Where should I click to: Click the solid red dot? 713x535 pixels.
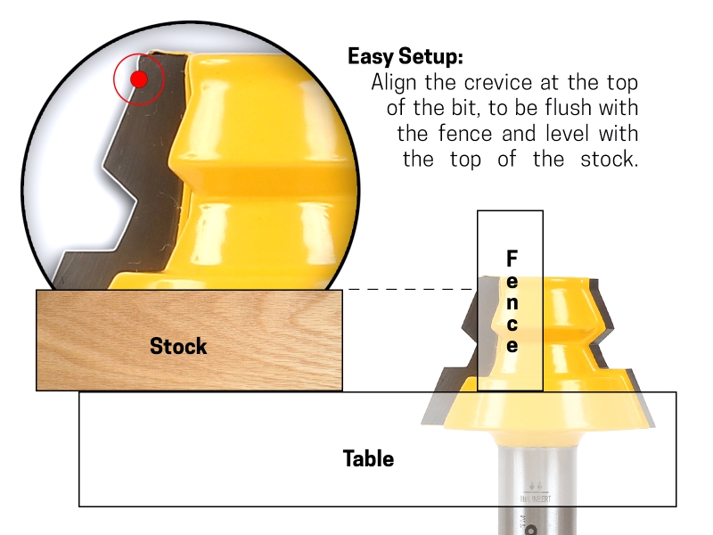pyautogui.click(x=138, y=79)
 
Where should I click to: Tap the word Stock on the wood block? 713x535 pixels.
pyautogui.click(x=178, y=346)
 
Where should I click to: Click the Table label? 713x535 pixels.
pyautogui.click(x=368, y=459)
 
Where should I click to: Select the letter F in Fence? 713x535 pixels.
pyautogui.click(x=512, y=259)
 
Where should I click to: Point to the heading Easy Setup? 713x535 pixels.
pyautogui.click(x=406, y=57)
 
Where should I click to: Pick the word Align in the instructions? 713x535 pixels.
pyautogui.click(x=396, y=83)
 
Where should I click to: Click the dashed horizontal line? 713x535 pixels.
pyautogui.click(x=410, y=289)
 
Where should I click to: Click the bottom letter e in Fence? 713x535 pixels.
pyautogui.click(x=512, y=345)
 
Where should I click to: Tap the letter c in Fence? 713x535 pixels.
pyautogui.click(x=512, y=323)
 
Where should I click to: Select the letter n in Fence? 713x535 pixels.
pyautogui.click(x=512, y=301)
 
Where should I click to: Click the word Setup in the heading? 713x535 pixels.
pyautogui.click(x=430, y=57)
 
